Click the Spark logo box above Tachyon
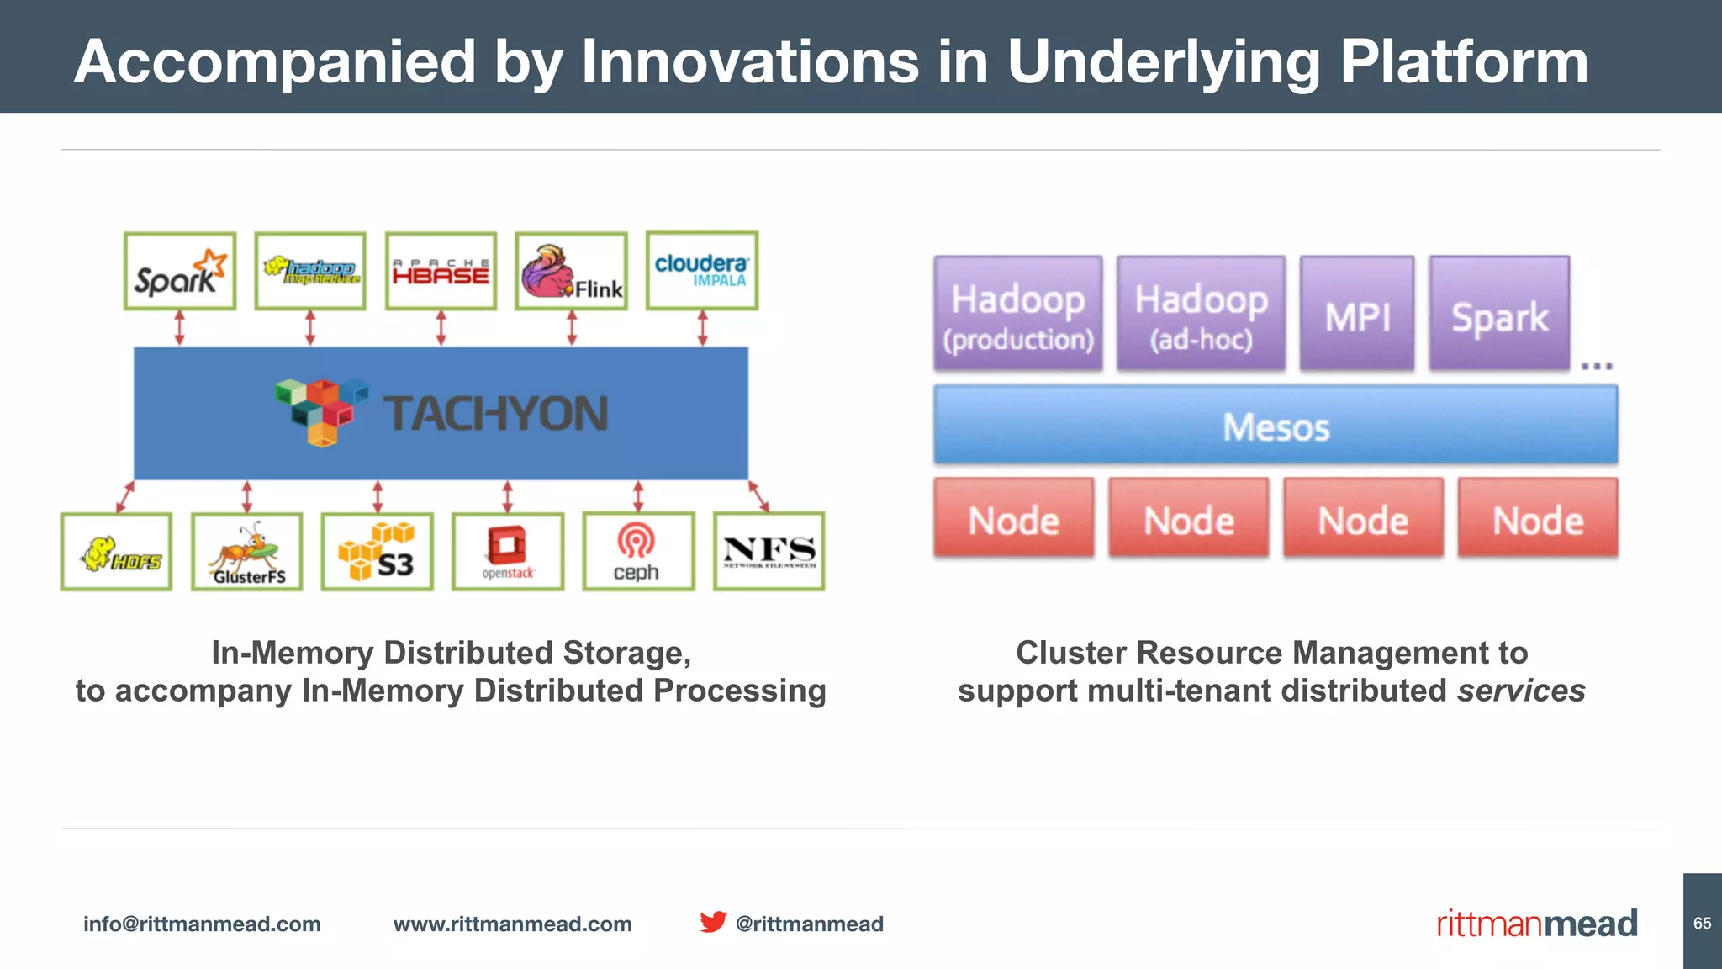179,272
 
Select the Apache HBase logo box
441,272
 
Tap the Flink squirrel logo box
572,272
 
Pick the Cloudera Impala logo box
702,271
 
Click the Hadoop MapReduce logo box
310,272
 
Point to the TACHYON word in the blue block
496,414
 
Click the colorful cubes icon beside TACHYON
321,410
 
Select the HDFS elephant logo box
116,552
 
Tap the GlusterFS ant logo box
246,552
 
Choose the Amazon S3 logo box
378,552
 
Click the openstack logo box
508,552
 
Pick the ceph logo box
638,552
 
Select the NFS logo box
769,552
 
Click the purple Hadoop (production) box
1018,314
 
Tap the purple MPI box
1357,314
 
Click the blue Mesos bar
1276,426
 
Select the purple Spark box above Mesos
1499,314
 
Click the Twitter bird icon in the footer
713,922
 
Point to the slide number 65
1703,923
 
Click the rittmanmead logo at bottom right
1537,924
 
